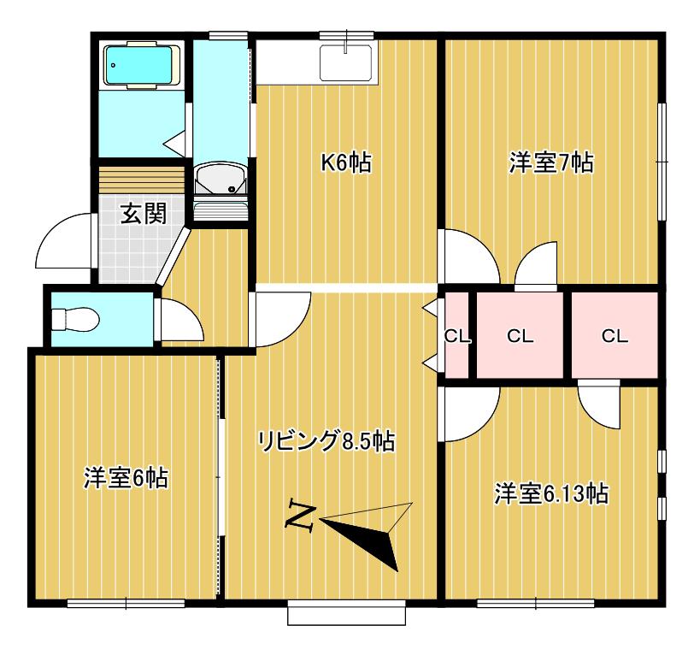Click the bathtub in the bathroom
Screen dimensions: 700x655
[x=143, y=65]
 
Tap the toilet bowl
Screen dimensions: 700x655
[x=75, y=319]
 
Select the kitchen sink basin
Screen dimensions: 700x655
[x=346, y=63]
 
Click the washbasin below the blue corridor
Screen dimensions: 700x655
[x=221, y=178]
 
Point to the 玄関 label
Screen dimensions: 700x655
[x=144, y=214]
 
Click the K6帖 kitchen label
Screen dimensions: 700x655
[x=346, y=162]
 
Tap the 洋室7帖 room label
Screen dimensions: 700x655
[x=551, y=162]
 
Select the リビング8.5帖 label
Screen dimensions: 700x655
[x=326, y=441]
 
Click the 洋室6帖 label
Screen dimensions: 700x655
[x=126, y=478]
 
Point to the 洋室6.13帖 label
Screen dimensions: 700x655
[x=551, y=493]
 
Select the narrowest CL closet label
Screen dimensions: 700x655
[x=456, y=336]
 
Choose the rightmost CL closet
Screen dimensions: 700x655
[x=615, y=336]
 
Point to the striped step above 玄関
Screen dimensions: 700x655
[x=141, y=180]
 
